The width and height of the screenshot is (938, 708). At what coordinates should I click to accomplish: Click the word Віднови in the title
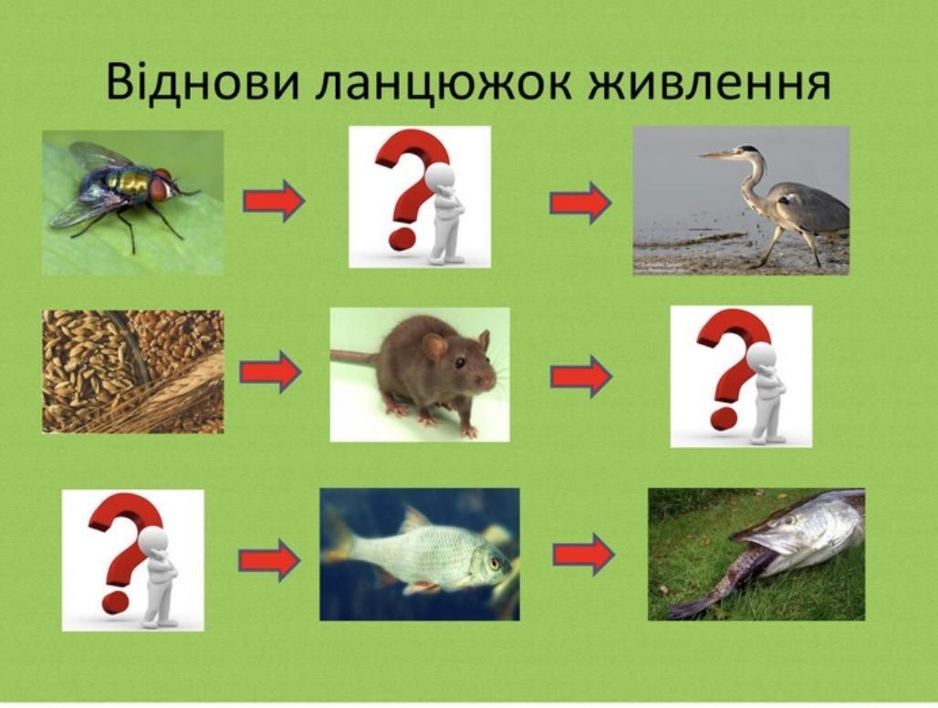[202, 82]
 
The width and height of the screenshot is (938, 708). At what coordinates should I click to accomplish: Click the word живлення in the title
[710, 82]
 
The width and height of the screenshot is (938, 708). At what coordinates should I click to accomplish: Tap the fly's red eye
[160, 186]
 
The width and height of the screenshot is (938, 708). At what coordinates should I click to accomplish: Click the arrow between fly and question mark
[274, 201]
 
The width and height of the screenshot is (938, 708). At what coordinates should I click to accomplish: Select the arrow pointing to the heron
[580, 203]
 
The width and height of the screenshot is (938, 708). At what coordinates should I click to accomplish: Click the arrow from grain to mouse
[270, 371]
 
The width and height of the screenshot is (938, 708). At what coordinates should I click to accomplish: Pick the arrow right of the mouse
[581, 376]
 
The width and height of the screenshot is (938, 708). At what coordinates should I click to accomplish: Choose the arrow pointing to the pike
[583, 555]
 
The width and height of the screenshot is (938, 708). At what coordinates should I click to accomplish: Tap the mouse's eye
[460, 362]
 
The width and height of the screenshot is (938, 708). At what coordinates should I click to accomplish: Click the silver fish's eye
[495, 562]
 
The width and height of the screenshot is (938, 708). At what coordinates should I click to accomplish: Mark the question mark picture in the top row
[420, 197]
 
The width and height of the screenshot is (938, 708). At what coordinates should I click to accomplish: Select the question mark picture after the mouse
[741, 376]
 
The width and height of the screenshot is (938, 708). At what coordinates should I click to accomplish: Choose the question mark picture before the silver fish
[133, 560]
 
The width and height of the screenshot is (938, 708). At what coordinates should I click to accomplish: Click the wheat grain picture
[133, 371]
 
